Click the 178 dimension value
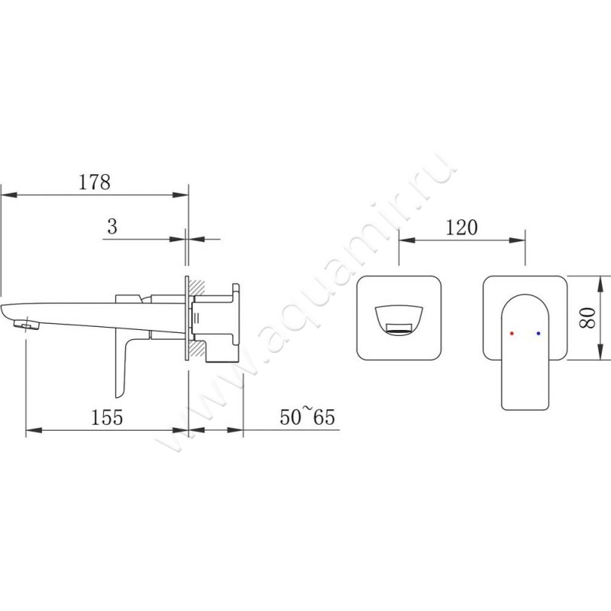click(x=94, y=183)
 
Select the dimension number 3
click(x=112, y=227)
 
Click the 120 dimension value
click(x=462, y=227)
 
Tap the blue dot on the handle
click(x=539, y=334)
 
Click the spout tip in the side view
click(x=23, y=325)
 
